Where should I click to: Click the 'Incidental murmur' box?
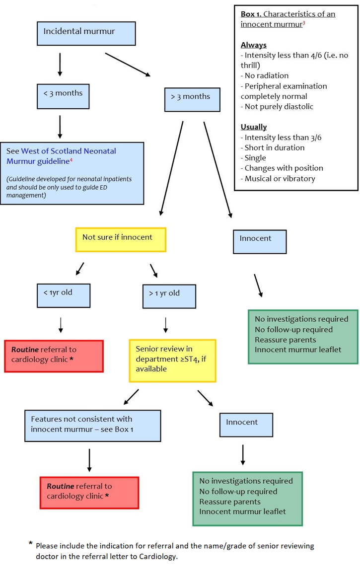pyautogui.click(x=86, y=33)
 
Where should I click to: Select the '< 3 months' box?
pyautogui.click(x=63, y=96)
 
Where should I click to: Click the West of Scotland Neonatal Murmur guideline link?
pyautogui.click(x=61, y=155)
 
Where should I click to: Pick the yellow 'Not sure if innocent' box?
pyautogui.click(x=120, y=239)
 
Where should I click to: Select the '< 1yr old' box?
pyautogui.click(x=64, y=295)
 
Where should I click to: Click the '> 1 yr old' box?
pyautogui.click(x=169, y=296)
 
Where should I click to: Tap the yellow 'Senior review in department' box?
pyautogui.click(x=172, y=361)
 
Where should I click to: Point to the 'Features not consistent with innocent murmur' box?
pyautogui.click(x=93, y=426)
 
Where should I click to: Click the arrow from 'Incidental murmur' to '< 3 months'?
pyautogui.click(x=60, y=64)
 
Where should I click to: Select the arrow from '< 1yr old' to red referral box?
pyautogui.click(x=60, y=325)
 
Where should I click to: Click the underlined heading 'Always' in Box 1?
pyautogui.click(x=253, y=45)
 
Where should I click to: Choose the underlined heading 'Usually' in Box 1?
pyautogui.click(x=254, y=127)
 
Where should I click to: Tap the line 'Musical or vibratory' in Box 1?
pyautogui.click(x=280, y=179)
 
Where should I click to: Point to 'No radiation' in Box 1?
pyautogui.click(x=266, y=76)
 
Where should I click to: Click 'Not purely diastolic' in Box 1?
pyautogui.click(x=279, y=107)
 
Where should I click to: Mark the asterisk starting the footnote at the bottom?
pyautogui.click(x=31, y=545)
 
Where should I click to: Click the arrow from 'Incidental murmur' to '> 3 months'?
pyautogui.click(x=128, y=65)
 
